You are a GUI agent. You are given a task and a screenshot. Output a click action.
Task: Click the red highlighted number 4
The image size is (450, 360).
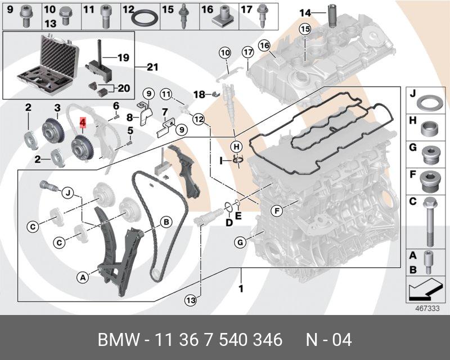coord(83,121)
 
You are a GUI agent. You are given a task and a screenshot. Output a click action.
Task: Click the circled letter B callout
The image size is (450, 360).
coord(166,222)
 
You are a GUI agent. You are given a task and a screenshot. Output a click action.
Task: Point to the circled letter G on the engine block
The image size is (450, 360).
coord(240,243)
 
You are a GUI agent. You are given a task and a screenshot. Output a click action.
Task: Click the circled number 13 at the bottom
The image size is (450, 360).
coord(191,300)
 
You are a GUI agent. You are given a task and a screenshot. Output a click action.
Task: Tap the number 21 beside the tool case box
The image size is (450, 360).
coord(152,67)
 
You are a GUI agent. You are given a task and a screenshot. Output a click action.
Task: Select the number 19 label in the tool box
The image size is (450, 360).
coord(123,57)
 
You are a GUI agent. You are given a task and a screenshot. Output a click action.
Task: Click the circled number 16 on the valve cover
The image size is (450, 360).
coord(264,44)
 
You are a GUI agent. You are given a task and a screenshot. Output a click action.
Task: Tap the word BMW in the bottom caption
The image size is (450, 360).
coord(117,340)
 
